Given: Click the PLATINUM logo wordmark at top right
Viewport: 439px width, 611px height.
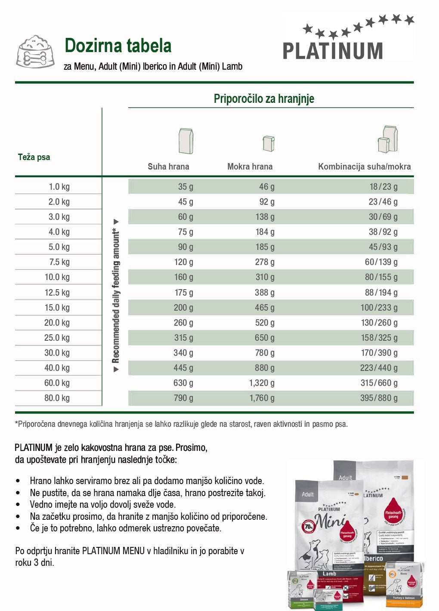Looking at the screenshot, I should (333, 51).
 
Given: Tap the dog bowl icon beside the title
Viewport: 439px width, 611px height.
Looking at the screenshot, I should (35, 52).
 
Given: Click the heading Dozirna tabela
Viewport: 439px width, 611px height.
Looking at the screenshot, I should (118, 46).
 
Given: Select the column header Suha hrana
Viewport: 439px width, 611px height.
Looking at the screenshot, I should (168, 167).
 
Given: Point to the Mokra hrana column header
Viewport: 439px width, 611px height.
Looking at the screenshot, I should (250, 167).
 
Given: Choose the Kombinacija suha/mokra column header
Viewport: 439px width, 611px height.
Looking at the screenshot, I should (364, 167).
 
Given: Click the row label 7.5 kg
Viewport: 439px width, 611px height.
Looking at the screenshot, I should (59, 262).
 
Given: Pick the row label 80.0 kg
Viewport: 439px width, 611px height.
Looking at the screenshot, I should (57, 398).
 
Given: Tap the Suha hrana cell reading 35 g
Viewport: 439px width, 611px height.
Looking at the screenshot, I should (185, 187).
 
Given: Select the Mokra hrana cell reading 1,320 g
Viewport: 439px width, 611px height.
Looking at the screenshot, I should (262, 383).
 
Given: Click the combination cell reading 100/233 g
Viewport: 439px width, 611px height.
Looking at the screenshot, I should (379, 308).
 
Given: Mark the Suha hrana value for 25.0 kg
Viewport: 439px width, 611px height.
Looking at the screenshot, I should (183, 338).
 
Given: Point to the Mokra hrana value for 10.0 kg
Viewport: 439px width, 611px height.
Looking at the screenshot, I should (265, 277).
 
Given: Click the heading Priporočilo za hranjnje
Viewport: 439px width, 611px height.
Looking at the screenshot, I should (264, 99).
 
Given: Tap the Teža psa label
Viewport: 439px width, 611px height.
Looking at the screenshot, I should (34, 157).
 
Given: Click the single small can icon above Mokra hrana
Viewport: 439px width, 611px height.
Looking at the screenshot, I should (269, 143).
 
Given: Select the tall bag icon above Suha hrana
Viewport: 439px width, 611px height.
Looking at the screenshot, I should (186, 141).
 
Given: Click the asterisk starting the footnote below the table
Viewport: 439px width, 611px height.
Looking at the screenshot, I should (16, 424).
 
